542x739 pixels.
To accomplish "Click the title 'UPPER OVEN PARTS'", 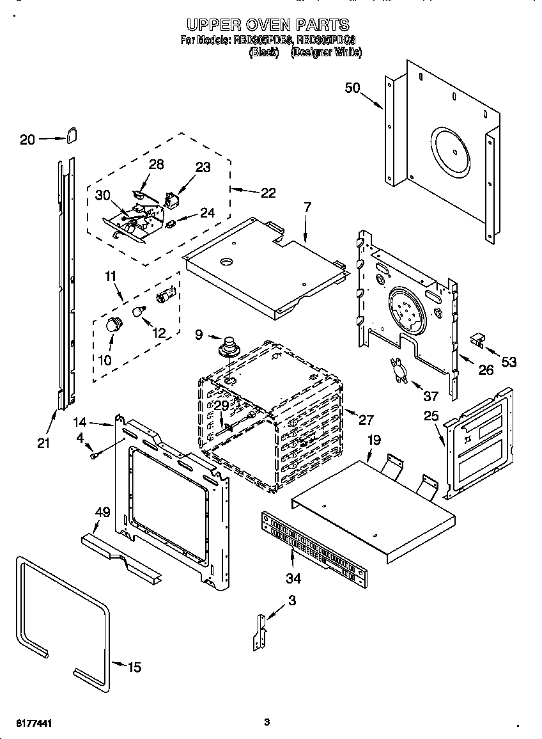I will coord(268,25).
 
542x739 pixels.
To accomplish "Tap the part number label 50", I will coord(353,88).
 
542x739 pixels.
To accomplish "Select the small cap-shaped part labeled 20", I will coord(70,134).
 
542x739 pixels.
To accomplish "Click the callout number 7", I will coord(307,207).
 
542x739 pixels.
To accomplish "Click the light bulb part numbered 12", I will coord(138,312).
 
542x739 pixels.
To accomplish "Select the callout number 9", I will coord(199,333).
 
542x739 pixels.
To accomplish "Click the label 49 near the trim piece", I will coord(102,512).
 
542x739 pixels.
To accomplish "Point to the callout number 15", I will coord(134,667).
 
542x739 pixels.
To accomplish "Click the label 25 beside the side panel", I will coord(431,417).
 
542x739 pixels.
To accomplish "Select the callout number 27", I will coord(366,420).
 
